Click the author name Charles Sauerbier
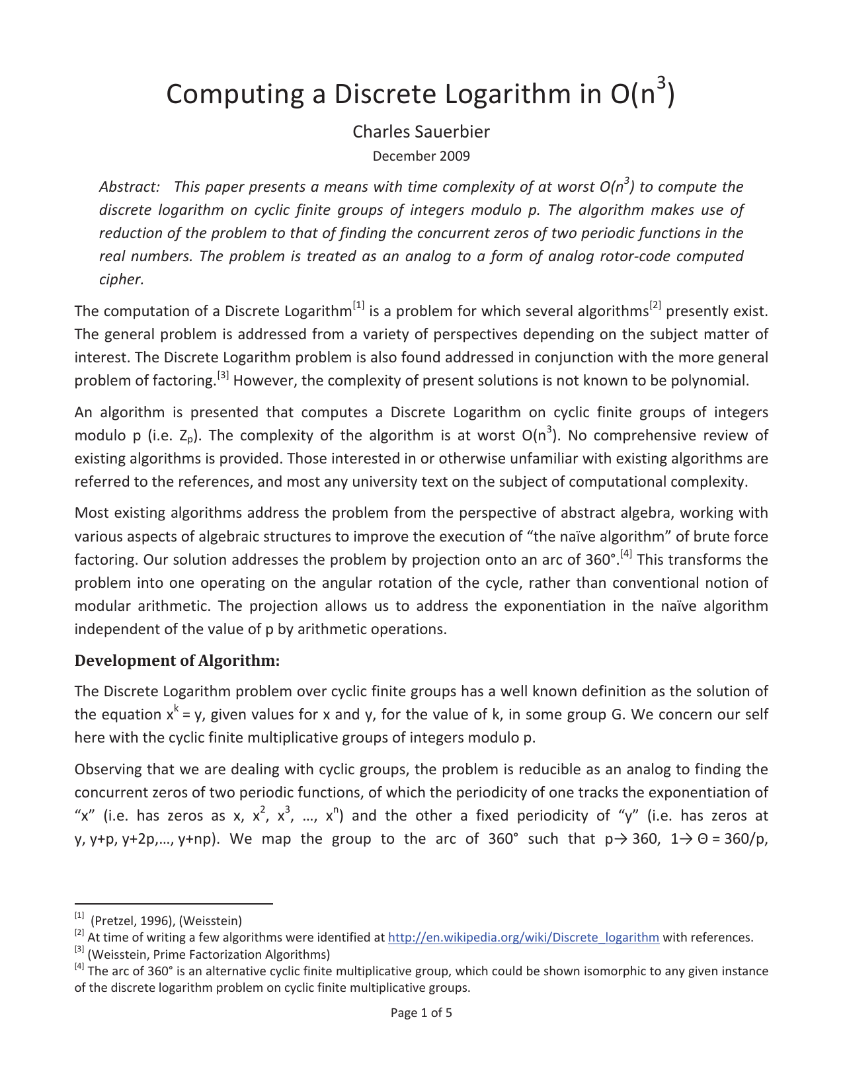click(421, 132)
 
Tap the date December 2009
click(421, 156)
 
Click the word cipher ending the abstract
click(120, 279)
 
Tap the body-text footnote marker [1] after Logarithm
click(359, 305)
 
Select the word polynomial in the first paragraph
click(714, 380)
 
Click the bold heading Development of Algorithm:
click(177, 661)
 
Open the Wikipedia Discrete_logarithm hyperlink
click(523, 937)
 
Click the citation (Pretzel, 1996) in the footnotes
click(132, 920)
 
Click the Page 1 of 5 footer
click(421, 1012)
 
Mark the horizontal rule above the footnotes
click(173, 903)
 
